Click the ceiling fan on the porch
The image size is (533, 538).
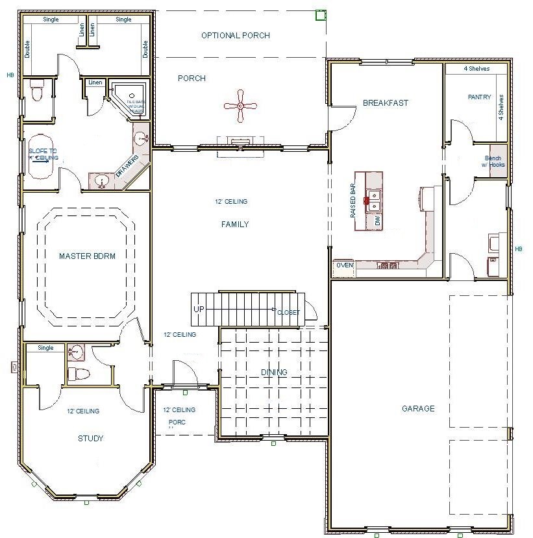(x=240, y=106)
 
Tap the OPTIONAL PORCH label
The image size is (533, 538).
(x=235, y=36)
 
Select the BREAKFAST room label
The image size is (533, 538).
(x=386, y=103)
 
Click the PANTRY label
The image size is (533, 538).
(x=480, y=97)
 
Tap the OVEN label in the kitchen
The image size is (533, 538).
(x=344, y=265)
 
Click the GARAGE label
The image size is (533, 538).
(x=418, y=409)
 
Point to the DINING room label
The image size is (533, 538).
(x=274, y=372)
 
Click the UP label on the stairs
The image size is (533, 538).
(x=199, y=309)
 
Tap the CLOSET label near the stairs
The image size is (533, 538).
(x=288, y=313)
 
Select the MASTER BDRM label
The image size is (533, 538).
(x=87, y=256)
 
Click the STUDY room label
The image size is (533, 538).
(x=90, y=439)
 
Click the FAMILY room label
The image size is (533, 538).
(x=235, y=225)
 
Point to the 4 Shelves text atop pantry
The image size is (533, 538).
(x=476, y=69)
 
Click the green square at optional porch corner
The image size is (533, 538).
(x=319, y=15)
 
